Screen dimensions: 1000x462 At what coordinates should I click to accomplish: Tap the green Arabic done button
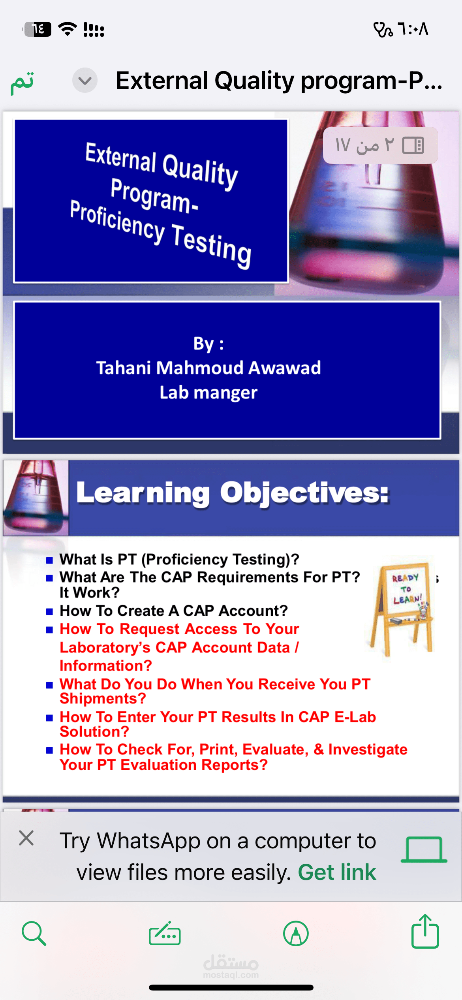pos(22,82)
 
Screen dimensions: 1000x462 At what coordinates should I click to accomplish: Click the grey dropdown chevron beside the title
pos(85,81)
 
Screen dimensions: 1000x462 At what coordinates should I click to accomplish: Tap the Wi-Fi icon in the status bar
pos(68,29)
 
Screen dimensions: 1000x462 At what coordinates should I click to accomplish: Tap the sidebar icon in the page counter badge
pos(413,145)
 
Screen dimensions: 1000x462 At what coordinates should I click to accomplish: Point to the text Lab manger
pos(208,393)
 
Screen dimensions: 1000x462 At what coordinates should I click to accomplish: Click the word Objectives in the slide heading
pos(304,493)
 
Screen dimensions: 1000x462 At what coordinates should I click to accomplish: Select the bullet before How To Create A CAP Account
pos(49,612)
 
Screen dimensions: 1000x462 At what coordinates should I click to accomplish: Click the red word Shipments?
pos(103,699)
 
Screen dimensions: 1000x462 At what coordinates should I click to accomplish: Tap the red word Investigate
pos(368,749)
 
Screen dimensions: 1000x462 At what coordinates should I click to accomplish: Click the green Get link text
pos(337,872)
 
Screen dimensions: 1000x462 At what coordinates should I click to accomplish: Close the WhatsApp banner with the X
pos(26,838)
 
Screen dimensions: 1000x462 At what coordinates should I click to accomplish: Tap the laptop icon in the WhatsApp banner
pos(424,850)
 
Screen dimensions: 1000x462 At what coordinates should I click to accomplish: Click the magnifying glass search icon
pos(34,934)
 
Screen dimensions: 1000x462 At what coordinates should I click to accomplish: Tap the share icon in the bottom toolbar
pos(425,932)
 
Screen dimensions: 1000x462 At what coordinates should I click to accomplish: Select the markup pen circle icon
pos(296,934)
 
